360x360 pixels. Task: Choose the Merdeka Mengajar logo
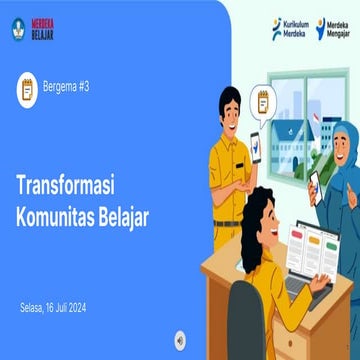[x=333, y=29]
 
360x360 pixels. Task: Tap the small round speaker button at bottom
[x=181, y=337]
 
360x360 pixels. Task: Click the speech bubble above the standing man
[x=265, y=101]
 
